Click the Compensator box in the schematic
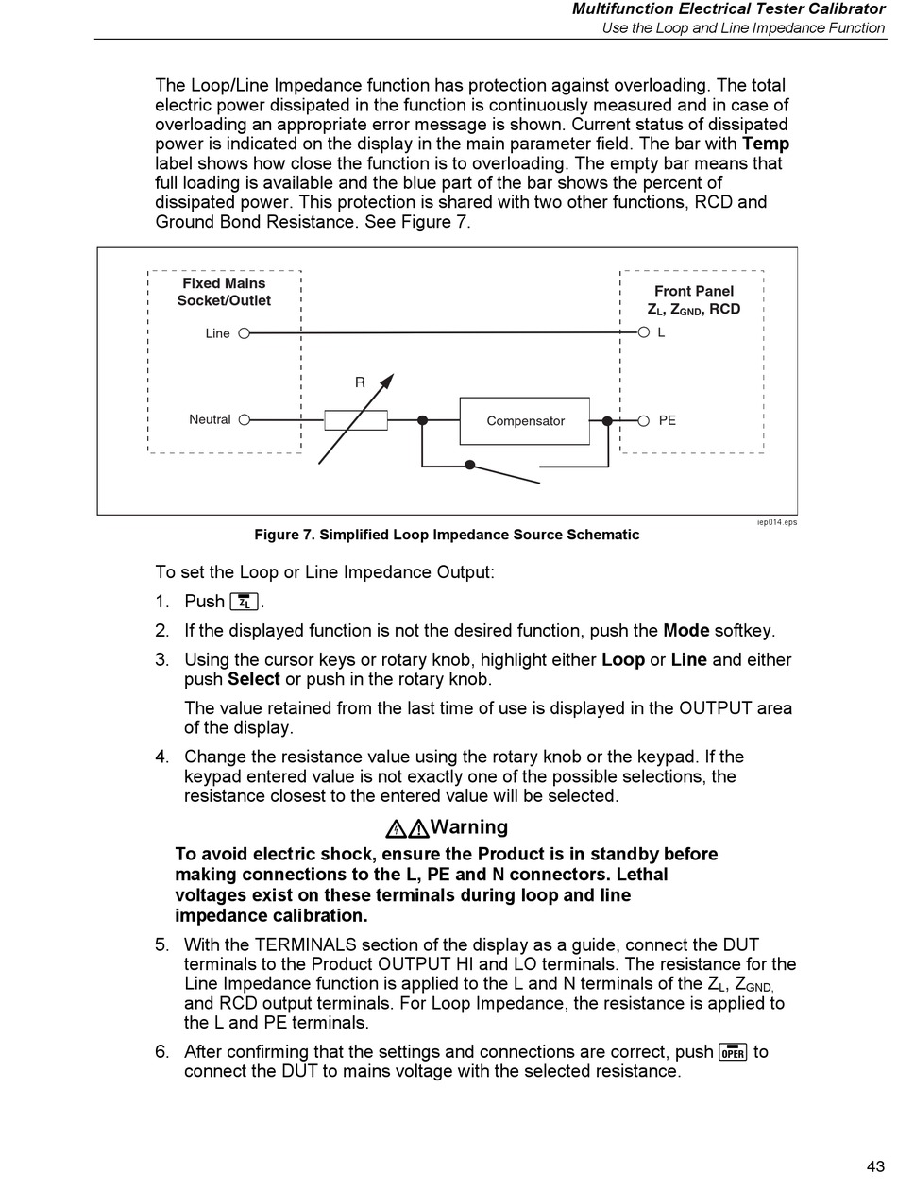point(525,421)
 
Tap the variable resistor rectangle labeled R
point(356,420)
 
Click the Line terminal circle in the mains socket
point(244,333)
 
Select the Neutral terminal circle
point(244,420)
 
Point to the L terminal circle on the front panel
point(643,333)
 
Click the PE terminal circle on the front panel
point(643,420)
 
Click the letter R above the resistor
point(360,382)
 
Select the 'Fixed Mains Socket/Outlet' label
point(224,292)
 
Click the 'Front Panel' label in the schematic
point(693,292)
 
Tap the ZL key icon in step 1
point(245,602)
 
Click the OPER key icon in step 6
point(733,1052)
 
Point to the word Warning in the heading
point(468,827)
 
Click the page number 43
point(874,1166)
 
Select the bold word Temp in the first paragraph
point(766,144)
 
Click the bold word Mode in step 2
point(686,631)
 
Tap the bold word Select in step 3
point(254,679)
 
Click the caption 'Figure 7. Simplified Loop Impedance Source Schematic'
point(447,535)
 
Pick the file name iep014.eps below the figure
point(776,522)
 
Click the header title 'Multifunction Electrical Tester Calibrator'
point(728,9)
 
